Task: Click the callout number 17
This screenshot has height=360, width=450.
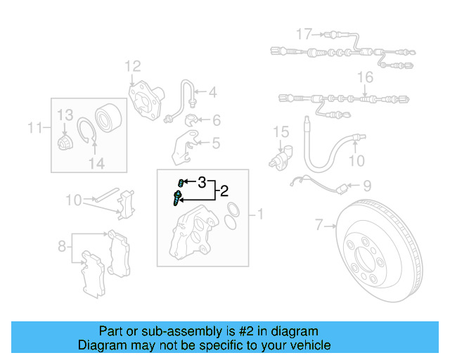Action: click(303, 34)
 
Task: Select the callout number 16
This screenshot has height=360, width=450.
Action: click(365, 77)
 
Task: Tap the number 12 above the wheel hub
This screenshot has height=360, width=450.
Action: click(133, 67)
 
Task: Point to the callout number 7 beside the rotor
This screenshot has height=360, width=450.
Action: click(319, 226)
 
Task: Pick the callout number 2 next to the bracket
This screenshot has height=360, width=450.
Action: click(224, 191)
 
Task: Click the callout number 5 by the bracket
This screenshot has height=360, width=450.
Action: click(215, 143)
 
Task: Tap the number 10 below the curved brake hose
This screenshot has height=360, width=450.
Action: click(357, 160)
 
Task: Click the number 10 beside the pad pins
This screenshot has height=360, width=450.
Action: click(74, 200)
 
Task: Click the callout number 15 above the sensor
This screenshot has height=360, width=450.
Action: click(281, 131)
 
